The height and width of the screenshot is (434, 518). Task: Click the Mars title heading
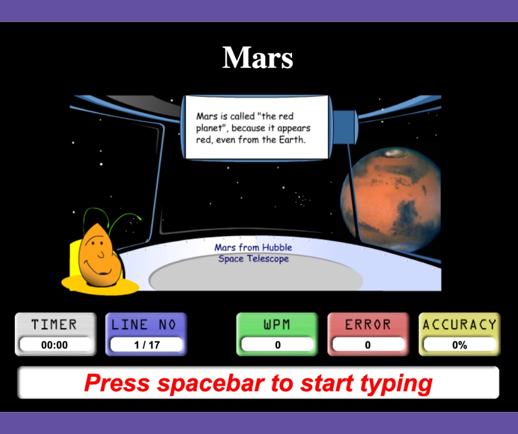click(x=258, y=57)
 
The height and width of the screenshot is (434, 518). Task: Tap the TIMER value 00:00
click(x=55, y=345)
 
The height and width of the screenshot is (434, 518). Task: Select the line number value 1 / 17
click(x=147, y=345)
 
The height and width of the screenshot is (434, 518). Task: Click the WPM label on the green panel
click(x=277, y=325)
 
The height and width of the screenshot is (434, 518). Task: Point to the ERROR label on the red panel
click(x=368, y=325)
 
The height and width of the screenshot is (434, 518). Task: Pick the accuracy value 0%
click(x=460, y=345)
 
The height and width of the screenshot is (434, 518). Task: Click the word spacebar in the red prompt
click(x=211, y=384)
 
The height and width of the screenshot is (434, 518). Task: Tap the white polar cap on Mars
click(x=392, y=153)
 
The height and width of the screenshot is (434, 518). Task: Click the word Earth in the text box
click(x=291, y=140)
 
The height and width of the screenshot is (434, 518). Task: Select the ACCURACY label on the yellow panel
click(x=460, y=325)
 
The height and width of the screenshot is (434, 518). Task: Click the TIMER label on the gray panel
click(x=54, y=325)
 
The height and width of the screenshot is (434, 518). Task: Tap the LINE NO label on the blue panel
click(x=144, y=325)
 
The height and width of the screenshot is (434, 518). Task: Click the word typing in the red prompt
click(x=396, y=384)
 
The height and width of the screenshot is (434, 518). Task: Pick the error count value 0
click(x=368, y=345)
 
